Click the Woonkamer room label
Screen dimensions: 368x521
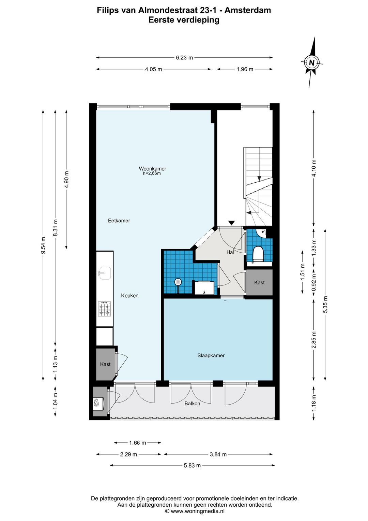[x=152, y=168]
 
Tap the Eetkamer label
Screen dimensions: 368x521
[x=119, y=221]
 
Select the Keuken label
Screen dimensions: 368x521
[x=130, y=295]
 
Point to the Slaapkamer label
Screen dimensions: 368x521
[x=211, y=355]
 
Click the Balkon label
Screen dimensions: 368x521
[x=192, y=403]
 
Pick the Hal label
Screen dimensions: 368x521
[x=230, y=252]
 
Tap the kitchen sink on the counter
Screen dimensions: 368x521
[x=105, y=273]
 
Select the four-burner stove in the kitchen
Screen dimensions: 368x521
[x=105, y=309]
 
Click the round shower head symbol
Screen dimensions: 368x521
[x=178, y=282]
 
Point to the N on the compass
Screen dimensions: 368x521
[x=311, y=62]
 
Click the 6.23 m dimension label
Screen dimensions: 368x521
[x=184, y=57]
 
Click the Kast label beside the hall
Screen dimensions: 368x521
[x=259, y=282]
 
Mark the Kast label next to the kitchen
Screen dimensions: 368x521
[x=105, y=364]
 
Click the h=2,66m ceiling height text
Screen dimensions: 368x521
[x=152, y=173]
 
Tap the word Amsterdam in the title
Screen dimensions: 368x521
[x=247, y=10]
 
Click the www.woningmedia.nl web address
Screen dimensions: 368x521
[x=198, y=511]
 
